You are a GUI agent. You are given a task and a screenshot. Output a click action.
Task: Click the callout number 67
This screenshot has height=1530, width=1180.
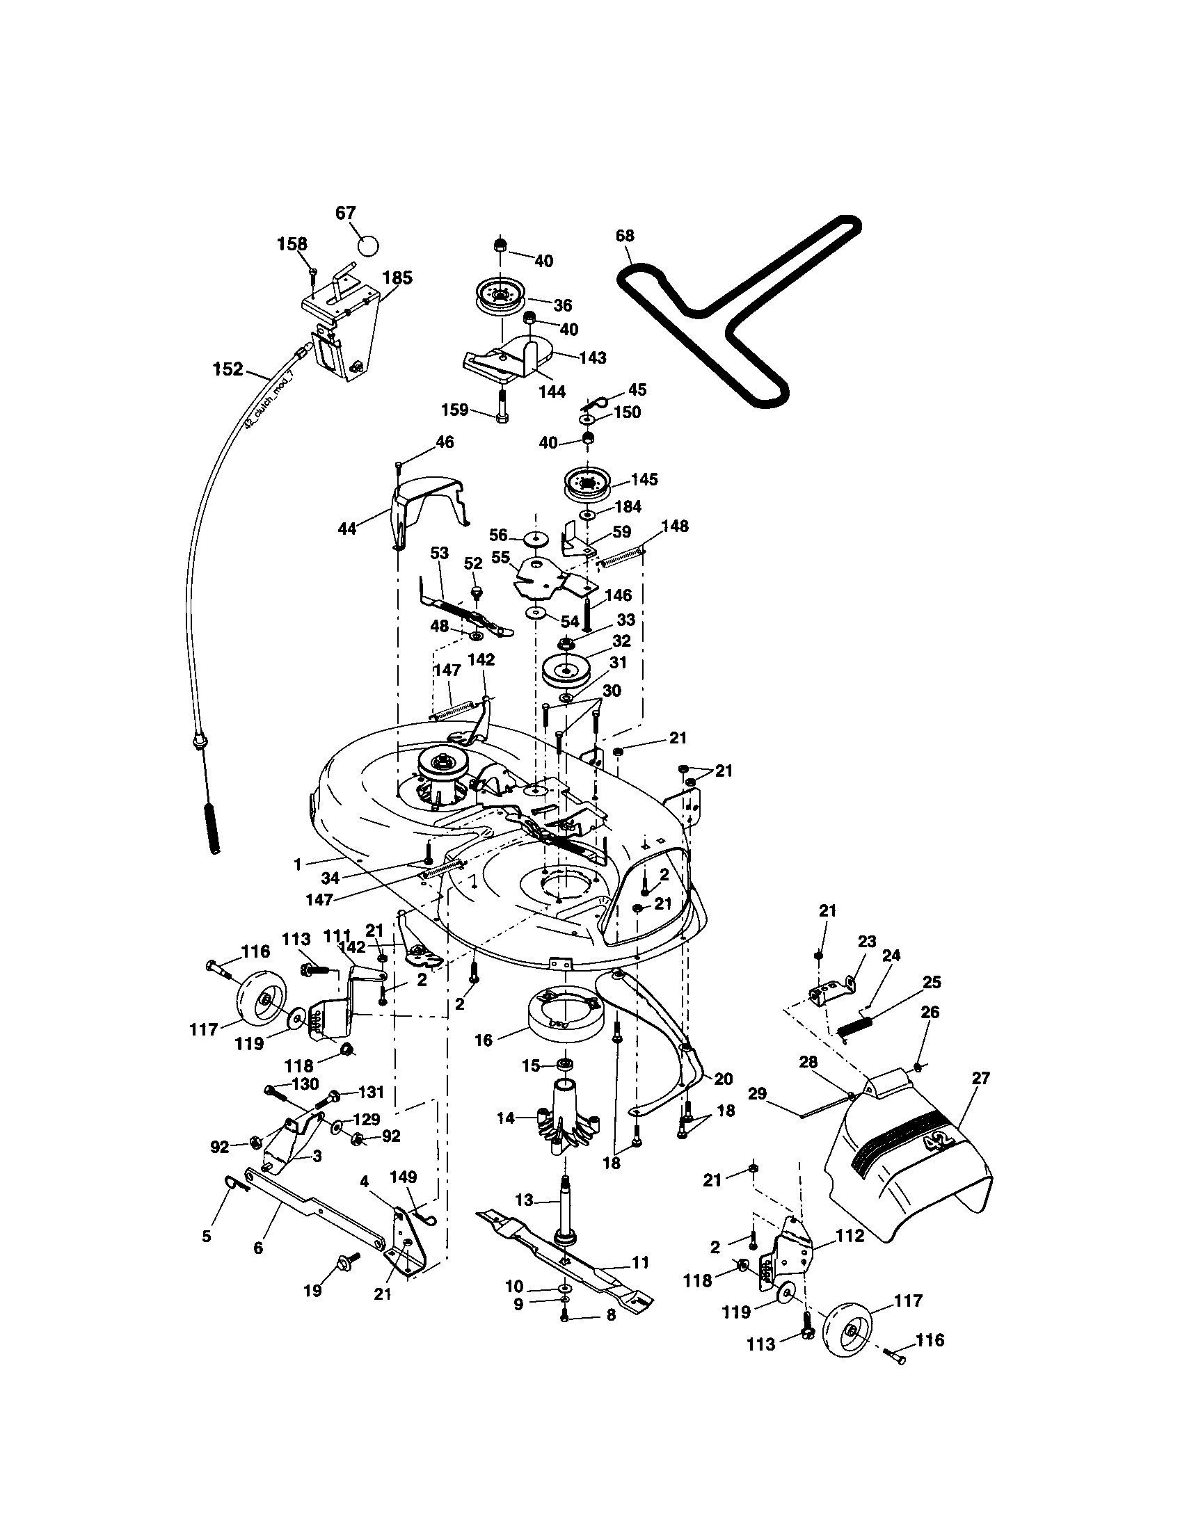[346, 213]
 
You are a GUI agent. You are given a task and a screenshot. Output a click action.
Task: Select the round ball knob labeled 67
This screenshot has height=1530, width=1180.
[367, 246]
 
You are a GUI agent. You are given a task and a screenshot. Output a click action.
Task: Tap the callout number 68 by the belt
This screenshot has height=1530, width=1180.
[624, 235]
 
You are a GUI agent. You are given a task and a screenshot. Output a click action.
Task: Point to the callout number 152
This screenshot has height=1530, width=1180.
[228, 369]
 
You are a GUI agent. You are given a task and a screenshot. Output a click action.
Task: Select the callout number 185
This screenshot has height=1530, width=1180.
[397, 277]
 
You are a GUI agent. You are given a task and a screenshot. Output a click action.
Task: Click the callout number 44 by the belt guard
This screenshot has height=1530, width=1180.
[347, 529]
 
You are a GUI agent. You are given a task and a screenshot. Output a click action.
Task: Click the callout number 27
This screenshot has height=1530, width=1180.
[980, 1078]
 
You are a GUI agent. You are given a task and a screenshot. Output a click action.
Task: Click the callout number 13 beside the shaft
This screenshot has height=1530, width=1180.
[523, 1200]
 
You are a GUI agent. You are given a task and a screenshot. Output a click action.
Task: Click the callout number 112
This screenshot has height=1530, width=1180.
[850, 1237]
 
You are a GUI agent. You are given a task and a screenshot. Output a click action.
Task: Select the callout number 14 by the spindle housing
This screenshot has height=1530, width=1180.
[505, 1119]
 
